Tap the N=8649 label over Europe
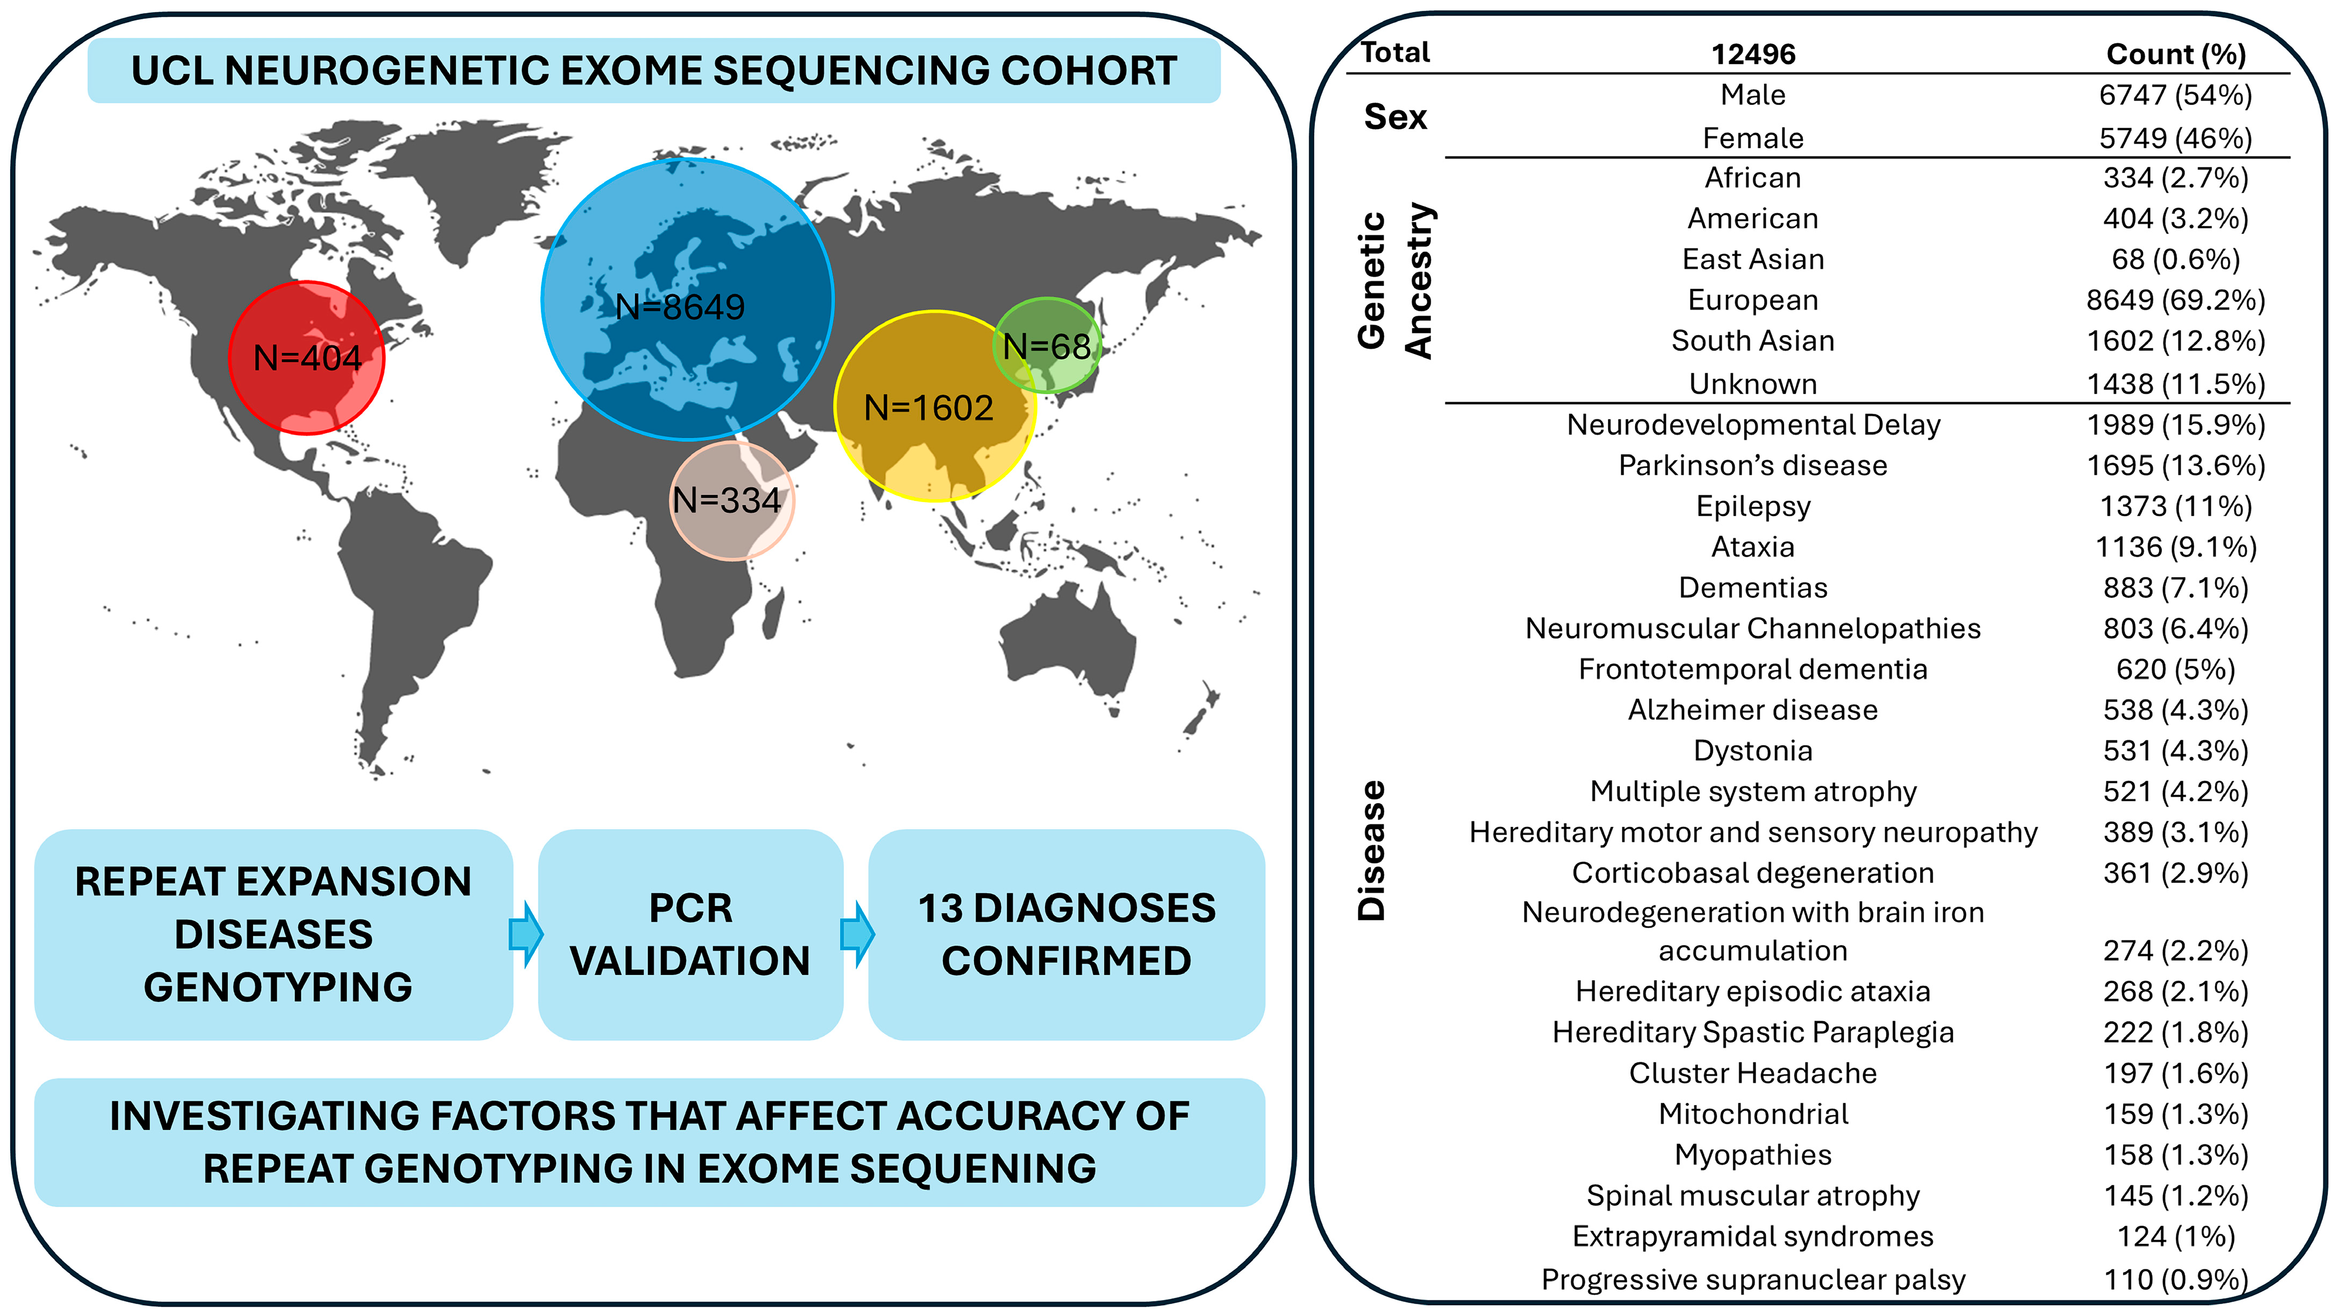click(680, 307)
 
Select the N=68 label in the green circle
click(1046, 346)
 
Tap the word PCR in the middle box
click(690, 908)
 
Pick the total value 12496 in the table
click(1753, 54)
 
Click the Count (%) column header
click(2175, 54)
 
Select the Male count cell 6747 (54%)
click(2175, 95)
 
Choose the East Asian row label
click(1753, 260)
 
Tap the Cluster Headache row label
click(1753, 1073)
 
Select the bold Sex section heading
click(1395, 117)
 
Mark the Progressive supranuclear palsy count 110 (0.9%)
click(2175, 1279)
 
